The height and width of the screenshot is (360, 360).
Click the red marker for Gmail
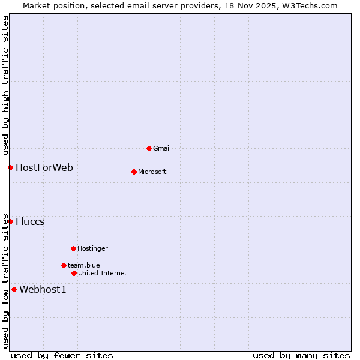149,148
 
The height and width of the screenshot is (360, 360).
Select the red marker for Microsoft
134,172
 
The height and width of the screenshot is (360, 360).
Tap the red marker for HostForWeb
10,167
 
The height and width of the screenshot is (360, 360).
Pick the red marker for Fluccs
10,221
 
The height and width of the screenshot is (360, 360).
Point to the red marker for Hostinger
73,248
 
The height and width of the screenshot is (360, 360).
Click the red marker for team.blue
64,265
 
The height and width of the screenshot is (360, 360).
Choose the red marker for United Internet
74,273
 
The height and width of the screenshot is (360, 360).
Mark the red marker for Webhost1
14,289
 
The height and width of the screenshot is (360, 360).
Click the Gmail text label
162,148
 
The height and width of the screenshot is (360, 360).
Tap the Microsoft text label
152,172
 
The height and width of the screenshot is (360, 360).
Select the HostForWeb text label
44,167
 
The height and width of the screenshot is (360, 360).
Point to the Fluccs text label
30,221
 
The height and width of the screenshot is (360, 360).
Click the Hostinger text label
92,248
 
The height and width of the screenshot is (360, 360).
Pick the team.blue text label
84,265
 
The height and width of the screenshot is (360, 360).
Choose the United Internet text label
103,273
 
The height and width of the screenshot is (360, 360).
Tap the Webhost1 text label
43,289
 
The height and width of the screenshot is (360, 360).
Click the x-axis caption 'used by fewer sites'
62,355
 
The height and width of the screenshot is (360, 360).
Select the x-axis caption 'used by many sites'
301,355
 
